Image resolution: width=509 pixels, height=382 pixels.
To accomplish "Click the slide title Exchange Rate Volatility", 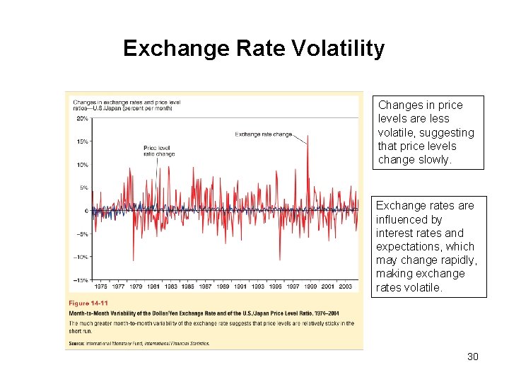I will [254, 48].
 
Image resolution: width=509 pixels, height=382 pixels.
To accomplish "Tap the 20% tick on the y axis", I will [82, 118].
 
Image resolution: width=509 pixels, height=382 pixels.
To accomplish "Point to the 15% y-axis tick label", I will [82, 141].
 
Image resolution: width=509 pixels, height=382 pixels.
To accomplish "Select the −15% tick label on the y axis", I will [81, 280].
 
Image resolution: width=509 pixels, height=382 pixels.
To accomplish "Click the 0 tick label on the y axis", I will [86, 211].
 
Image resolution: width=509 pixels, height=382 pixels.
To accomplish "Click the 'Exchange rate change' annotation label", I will [263, 134].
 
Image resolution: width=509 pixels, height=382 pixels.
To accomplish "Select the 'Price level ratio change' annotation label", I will [159, 150].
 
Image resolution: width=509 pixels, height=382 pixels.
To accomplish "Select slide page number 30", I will [472, 357].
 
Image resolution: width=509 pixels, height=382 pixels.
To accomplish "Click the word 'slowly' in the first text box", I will [434, 160].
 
